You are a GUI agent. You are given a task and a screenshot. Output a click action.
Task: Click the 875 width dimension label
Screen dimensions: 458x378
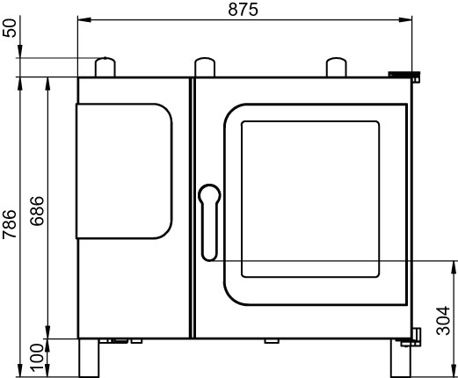click(x=243, y=10)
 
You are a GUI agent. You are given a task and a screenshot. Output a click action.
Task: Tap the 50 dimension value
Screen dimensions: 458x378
click(x=10, y=28)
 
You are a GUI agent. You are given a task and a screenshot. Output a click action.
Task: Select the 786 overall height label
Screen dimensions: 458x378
click(x=10, y=224)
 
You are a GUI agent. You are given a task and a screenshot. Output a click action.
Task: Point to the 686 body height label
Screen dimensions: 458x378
click(x=37, y=211)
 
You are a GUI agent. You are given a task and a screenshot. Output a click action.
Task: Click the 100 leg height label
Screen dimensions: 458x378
click(x=37, y=358)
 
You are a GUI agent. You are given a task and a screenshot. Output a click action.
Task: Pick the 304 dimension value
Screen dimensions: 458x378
click(x=443, y=321)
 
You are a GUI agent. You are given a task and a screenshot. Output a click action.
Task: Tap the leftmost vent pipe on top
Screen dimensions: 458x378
click(x=105, y=67)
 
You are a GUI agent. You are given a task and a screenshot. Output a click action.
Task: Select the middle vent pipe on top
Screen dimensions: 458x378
click(x=205, y=67)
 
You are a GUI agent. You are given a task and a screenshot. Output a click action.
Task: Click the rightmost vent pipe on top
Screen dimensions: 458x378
click(x=337, y=67)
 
